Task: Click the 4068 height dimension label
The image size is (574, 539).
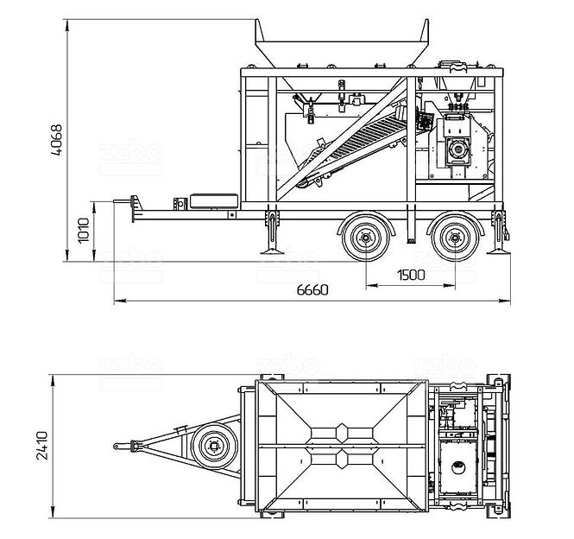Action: [x=57, y=142]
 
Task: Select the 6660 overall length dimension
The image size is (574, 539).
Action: [x=312, y=290]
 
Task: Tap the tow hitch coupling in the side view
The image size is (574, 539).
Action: [x=134, y=206]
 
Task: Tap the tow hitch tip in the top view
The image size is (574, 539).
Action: [x=117, y=447]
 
